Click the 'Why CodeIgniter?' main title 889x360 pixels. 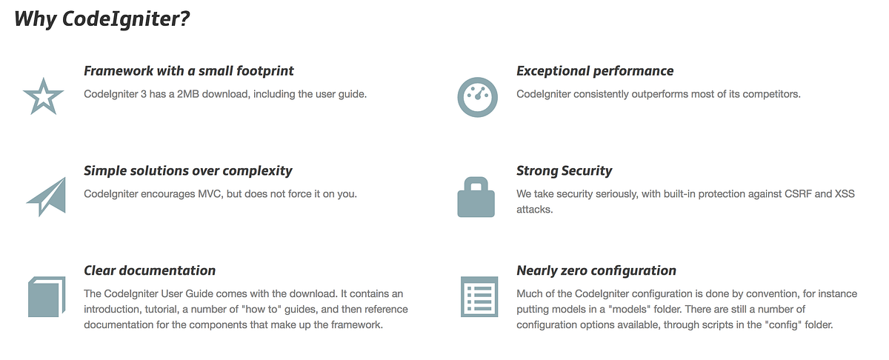pos(103,19)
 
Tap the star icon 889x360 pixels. pos(44,96)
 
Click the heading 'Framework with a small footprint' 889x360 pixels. pos(189,71)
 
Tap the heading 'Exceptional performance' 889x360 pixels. pos(595,71)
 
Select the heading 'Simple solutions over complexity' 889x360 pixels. pos(188,171)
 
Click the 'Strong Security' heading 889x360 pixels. pos(565,171)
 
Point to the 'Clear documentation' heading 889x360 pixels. pos(150,270)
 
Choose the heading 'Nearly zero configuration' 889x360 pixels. pos(596,270)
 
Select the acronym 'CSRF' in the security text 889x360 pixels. pos(775,194)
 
